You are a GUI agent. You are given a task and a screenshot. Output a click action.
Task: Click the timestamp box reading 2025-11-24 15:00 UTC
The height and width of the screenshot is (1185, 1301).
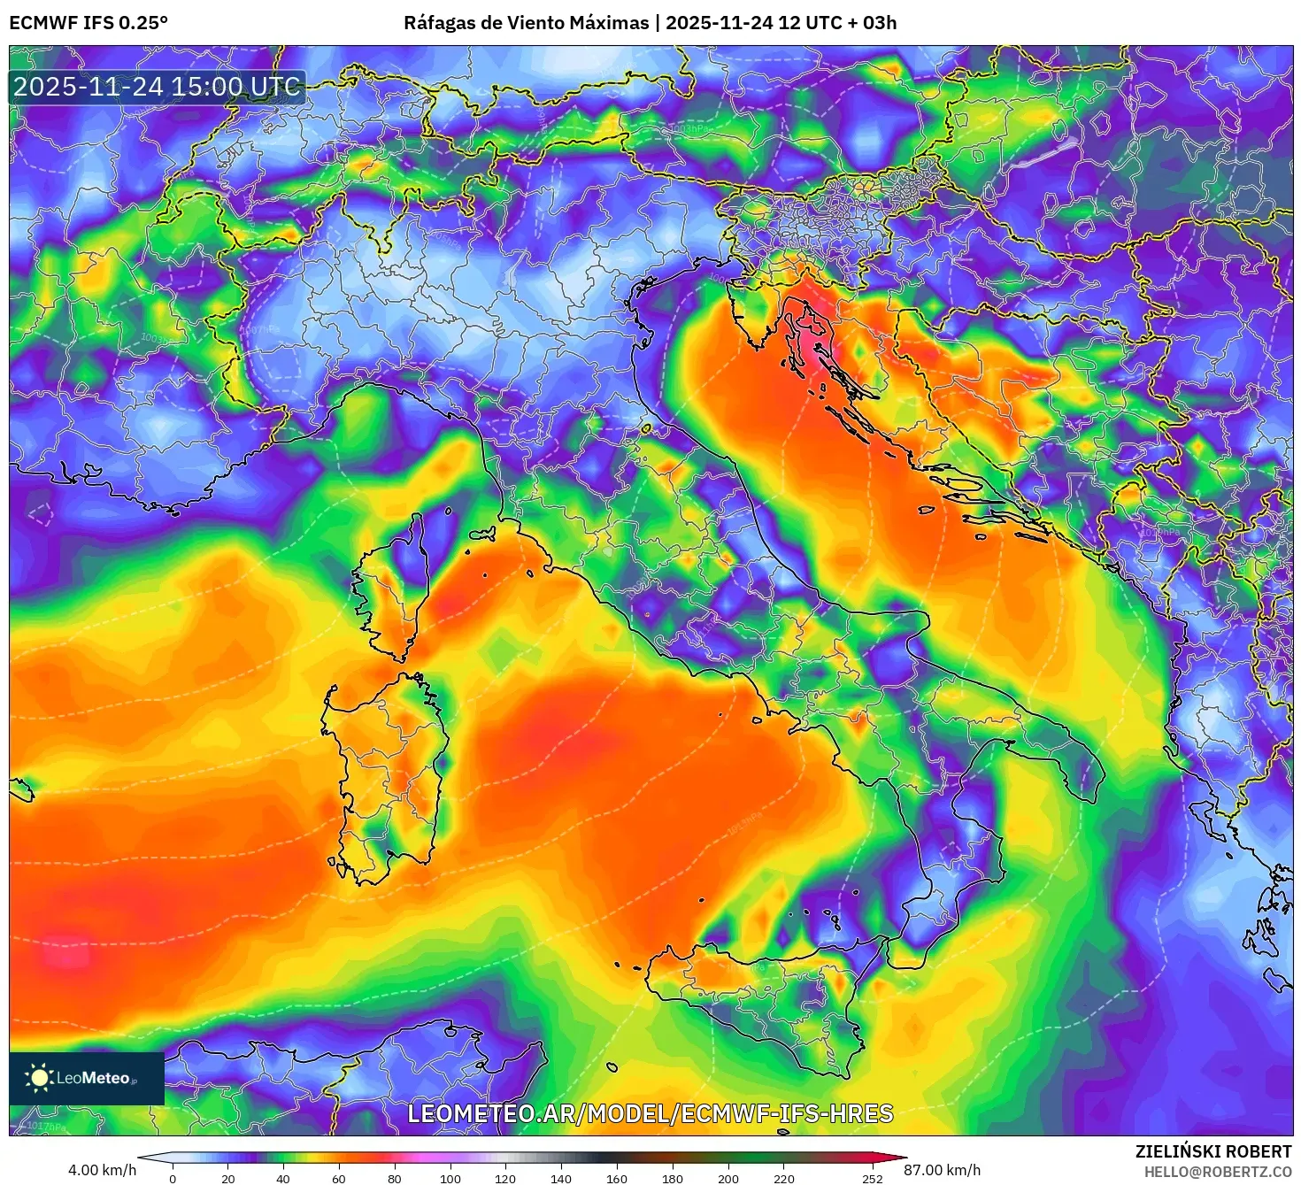coord(157,87)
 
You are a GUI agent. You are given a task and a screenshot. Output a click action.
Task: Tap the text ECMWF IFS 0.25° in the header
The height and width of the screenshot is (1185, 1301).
coord(88,23)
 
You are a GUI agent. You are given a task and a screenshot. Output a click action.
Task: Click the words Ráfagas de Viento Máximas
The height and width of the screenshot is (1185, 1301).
coord(526,23)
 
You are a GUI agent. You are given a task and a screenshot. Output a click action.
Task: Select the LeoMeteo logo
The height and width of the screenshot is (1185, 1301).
coord(87,1078)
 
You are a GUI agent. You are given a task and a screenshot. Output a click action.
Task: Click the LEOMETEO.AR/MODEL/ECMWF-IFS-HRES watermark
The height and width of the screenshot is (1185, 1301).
coord(650,1113)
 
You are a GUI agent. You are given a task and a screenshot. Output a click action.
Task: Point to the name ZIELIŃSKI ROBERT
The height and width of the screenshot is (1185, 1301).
coord(1212,1151)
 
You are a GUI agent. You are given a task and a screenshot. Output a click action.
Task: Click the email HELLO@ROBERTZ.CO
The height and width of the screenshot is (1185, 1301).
coord(1216,1172)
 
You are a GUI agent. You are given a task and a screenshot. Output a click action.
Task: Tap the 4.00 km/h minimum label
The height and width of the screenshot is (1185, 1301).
coord(102,1170)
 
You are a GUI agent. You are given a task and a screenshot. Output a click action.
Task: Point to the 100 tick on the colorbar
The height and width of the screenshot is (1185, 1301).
coord(450,1178)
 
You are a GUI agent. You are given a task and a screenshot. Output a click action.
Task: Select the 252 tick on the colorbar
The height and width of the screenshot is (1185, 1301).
coord(873,1178)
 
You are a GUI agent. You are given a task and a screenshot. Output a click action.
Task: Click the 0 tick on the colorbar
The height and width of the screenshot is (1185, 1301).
coord(173,1178)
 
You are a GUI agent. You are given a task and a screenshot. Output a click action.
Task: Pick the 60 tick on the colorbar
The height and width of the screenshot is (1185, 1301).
coord(339,1178)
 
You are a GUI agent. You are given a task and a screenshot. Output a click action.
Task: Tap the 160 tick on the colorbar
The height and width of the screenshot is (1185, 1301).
coord(617,1178)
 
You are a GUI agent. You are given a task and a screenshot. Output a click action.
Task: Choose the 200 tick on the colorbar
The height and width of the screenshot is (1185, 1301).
coord(728,1178)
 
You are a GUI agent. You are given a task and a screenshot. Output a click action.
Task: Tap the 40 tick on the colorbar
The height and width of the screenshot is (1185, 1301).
coord(283,1178)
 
